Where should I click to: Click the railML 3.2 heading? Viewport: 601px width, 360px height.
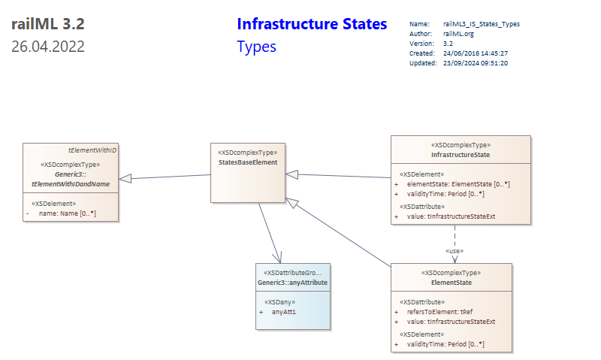pos(48,24)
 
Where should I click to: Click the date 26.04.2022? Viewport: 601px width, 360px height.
pos(48,47)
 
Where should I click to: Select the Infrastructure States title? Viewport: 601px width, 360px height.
pos(312,24)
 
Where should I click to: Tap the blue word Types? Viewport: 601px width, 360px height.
pos(256,47)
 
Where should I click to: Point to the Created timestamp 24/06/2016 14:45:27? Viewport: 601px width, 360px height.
pos(476,53)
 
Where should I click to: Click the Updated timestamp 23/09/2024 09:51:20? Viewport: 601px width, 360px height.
pos(476,63)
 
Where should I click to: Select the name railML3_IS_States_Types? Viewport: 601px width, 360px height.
pos(482,24)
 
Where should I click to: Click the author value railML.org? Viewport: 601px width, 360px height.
pos(458,34)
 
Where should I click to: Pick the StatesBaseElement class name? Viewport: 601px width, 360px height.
pos(248,162)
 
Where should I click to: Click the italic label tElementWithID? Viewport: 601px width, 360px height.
pos(92,150)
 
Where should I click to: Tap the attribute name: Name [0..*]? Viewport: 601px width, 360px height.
pos(68,213)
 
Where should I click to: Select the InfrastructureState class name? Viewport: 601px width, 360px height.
pos(461,155)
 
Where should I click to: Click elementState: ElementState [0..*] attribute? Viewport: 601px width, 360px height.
pos(458,184)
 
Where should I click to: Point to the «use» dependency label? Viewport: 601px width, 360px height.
pos(455,251)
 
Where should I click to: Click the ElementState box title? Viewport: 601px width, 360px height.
pos(452,283)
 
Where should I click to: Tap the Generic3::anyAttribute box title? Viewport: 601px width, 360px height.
pos(292,283)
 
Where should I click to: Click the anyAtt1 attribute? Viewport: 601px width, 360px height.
pos(284,312)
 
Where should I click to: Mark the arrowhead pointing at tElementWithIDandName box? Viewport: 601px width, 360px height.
pos(125,179)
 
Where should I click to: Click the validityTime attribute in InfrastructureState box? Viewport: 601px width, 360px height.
pos(445,194)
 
